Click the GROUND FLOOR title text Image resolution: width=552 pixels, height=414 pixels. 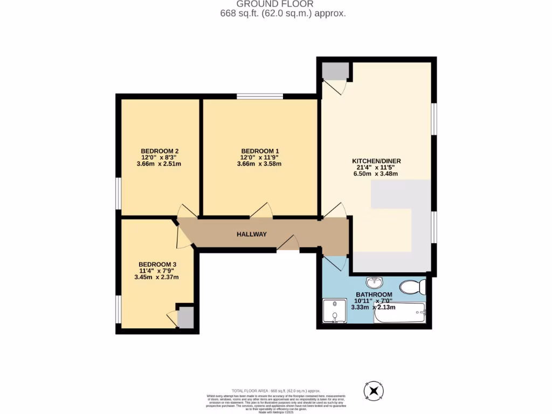point(275,4)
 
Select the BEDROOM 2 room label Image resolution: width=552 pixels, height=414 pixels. point(160,150)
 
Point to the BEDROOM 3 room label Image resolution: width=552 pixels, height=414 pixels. point(156,264)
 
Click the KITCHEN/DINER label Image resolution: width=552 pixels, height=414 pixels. point(376,161)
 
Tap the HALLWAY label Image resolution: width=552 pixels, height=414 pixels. point(252,234)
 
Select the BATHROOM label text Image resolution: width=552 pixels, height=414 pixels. point(374,294)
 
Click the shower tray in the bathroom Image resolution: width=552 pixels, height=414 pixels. point(334,311)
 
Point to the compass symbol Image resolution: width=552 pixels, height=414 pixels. point(373,390)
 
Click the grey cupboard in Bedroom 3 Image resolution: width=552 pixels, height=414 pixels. point(185,317)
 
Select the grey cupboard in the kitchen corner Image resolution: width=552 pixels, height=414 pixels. point(334,71)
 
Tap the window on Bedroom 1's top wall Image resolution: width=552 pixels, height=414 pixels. point(260,96)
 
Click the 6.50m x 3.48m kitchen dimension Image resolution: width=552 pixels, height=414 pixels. point(376,174)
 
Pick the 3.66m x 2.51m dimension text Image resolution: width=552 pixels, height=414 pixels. point(160,163)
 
